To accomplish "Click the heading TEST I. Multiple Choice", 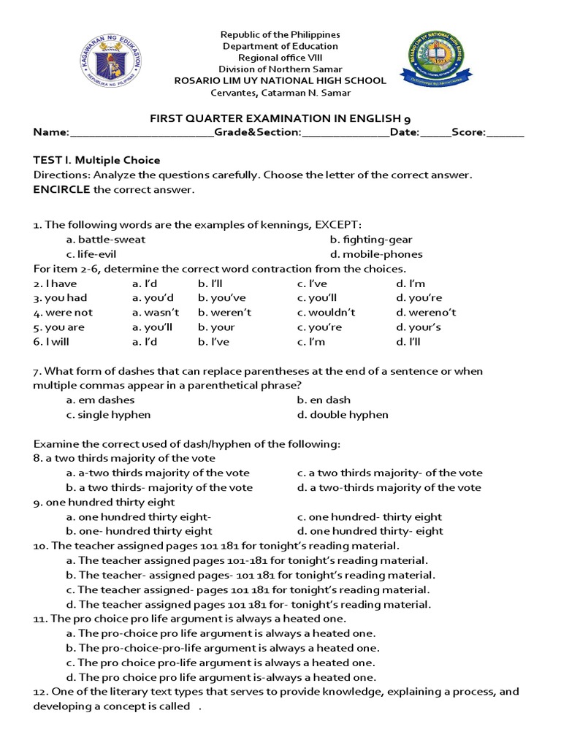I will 96,160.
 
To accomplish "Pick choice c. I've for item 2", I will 312,283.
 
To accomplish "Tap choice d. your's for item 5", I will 418,327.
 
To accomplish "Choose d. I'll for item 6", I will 408,342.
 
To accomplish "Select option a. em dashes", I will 100,400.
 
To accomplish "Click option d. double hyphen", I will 343,415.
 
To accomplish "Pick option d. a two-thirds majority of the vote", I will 389,487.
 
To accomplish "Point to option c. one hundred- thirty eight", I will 369,516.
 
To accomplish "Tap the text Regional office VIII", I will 281,58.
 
